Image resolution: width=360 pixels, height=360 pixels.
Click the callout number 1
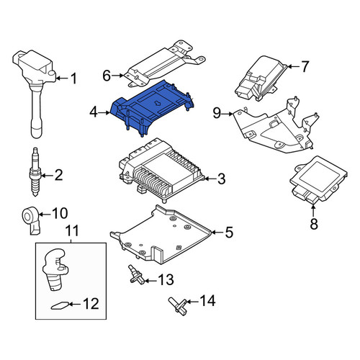tap(73, 78)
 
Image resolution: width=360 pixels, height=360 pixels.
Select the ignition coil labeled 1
tap(35, 91)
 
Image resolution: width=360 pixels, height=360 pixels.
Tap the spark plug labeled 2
tap(35, 172)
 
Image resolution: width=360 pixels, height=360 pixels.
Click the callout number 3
tap(221, 179)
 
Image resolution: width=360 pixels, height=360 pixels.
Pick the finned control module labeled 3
tap(161, 171)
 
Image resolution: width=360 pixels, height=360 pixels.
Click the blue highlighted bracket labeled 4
tap(153, 107)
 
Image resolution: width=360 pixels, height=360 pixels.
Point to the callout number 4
tap(94, 112)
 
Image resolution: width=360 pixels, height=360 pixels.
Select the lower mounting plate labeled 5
tap(161, 234)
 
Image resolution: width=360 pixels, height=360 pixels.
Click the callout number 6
tap(107, 76)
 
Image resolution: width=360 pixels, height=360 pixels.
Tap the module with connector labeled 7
tap(261, 78)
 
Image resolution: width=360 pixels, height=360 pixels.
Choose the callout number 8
tap(314, 224)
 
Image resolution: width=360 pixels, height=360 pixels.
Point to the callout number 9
tap(217, 113)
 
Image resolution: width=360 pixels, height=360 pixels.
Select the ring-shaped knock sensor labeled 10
tap(31, 220)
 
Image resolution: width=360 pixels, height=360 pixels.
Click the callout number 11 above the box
tap(72, 230)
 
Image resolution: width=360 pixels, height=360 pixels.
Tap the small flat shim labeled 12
tap(60, 305)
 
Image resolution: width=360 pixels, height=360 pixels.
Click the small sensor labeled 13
tap(136, 275)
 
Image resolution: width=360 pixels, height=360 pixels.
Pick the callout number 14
tap(207, 300)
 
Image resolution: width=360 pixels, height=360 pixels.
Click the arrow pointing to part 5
tap(217, 232)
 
